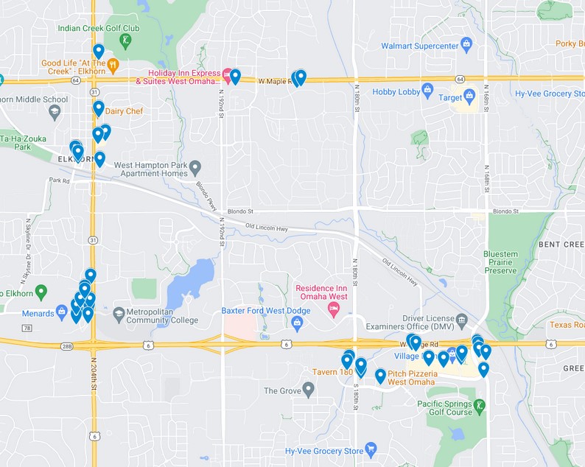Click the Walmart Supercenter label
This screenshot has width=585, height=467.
(x=418, y=46)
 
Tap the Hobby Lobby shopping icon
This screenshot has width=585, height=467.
(x=428, y=92)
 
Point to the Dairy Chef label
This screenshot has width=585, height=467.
(x=124, y=111)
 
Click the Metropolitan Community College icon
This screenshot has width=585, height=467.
(x=119, y=315)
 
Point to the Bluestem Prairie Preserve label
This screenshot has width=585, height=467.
(x=500, y=262)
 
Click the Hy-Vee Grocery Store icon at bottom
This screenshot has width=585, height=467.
(x=371, y=449)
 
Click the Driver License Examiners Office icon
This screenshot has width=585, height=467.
(x=461, y=320)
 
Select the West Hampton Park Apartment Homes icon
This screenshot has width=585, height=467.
(x=195, y=169)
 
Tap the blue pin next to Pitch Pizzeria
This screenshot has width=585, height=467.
(x=380, y=376)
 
